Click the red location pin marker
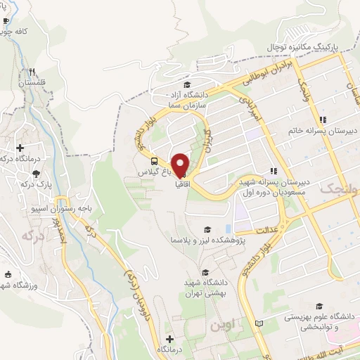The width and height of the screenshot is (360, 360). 181,165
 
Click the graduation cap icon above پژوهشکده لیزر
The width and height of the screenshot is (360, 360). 207,229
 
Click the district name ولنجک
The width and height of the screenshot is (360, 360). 339,189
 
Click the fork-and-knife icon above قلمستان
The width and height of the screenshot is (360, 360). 32,72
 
